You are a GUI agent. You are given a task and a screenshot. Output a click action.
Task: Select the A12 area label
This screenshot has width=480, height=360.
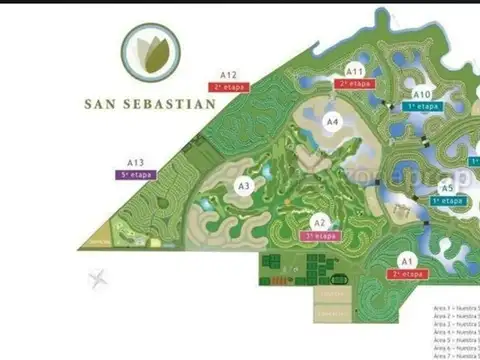(229, 75)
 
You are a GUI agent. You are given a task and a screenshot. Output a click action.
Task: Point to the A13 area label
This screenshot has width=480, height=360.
(136, 162)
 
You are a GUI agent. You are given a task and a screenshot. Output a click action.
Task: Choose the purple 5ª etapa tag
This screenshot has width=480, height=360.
(135, 174)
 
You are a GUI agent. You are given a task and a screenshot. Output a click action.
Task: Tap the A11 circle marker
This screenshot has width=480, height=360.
(355, 71)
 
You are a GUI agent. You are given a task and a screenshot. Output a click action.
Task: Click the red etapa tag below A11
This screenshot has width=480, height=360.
(355, 84)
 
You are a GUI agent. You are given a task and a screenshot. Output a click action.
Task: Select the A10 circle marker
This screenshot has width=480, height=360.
(422, 95)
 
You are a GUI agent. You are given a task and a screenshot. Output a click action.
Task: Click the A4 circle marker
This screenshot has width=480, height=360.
(334, 121)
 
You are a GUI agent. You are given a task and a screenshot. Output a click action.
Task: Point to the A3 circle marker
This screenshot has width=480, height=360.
(244, 185)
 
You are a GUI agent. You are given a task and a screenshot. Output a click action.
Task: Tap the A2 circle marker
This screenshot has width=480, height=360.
(319, 222)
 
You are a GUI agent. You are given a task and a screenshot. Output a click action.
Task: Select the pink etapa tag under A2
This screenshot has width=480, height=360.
(320, 236)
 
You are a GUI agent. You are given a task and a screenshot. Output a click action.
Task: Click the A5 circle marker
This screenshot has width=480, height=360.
(447, 187)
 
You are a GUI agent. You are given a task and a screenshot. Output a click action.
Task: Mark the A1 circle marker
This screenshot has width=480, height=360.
(408, 261)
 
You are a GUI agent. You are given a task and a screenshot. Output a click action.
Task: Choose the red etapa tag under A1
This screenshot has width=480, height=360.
(408, 273)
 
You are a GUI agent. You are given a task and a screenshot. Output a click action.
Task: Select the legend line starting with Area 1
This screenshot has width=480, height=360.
(456, 308)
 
